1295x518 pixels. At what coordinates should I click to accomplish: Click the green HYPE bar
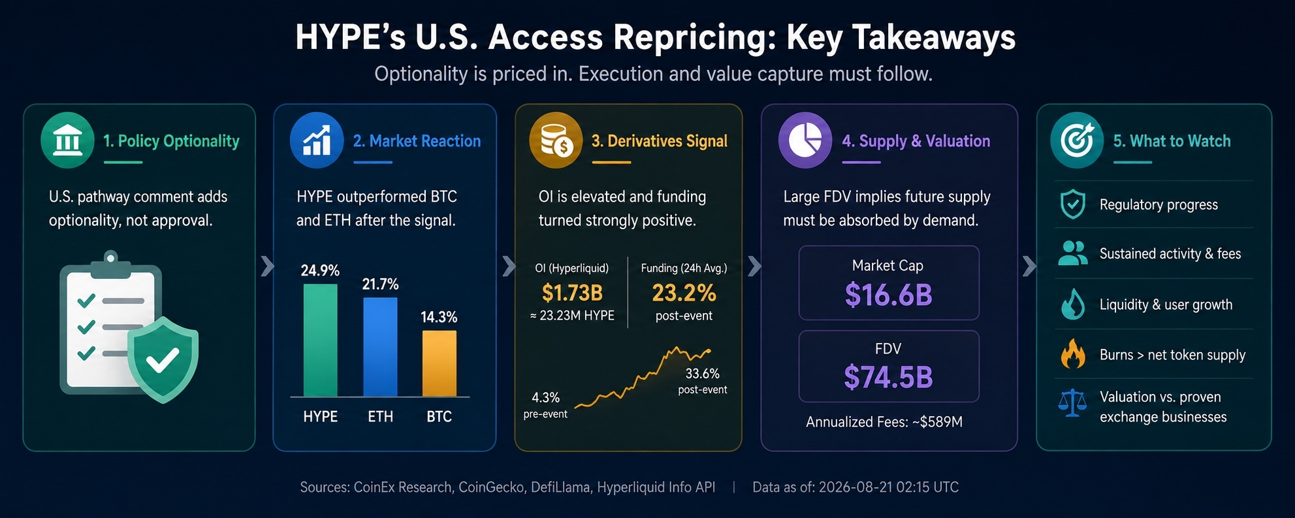(x=320, y=340)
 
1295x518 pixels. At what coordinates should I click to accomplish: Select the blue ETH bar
(x=380, y=347)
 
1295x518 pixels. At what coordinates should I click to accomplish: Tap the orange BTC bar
(x=440, y=363)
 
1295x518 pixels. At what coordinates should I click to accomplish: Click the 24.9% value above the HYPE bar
(x=320, y=270)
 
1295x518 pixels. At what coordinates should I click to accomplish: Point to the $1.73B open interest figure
(x=572, y=293)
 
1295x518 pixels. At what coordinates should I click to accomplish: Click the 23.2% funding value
(x=684, y=293)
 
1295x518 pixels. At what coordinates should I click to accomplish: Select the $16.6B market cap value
(x=888, y=295)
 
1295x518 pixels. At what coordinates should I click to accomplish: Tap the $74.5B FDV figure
(x=888, y=377)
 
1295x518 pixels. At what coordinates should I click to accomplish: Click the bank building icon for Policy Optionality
(x=67, y=140)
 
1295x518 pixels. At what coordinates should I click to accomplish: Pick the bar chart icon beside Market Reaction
(x=317, y=140)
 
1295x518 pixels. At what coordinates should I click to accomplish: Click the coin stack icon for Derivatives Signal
(x=556, y=140)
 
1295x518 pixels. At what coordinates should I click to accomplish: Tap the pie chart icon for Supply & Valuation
(x=805, y=140)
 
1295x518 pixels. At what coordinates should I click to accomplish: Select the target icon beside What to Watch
(x=1077, y=140)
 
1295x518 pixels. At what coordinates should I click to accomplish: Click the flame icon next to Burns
(x=1072, y=354)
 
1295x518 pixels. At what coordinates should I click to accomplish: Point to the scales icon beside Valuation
(x=1072, y=403)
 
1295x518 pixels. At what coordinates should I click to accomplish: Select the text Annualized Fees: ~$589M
(x=884, y=422)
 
